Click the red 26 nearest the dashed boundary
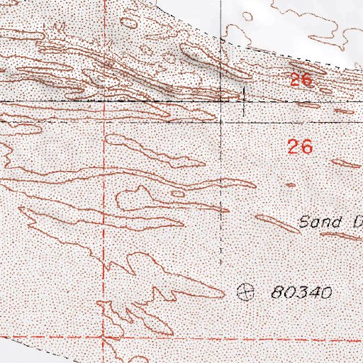301,79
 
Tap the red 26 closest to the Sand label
301,147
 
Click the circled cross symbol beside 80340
245,290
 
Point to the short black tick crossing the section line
244,99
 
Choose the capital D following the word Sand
357,223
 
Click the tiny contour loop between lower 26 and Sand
290,185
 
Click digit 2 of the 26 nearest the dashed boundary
295,79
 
